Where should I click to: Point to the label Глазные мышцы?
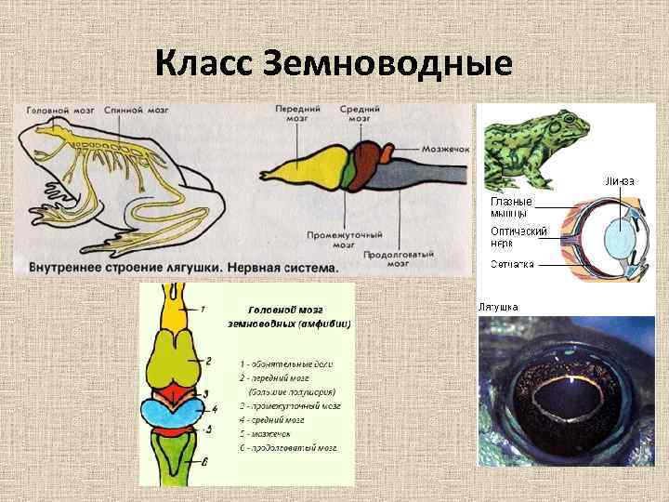511,205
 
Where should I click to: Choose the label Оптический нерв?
518,235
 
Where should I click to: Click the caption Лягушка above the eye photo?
498,306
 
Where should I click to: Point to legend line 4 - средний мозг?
280,419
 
